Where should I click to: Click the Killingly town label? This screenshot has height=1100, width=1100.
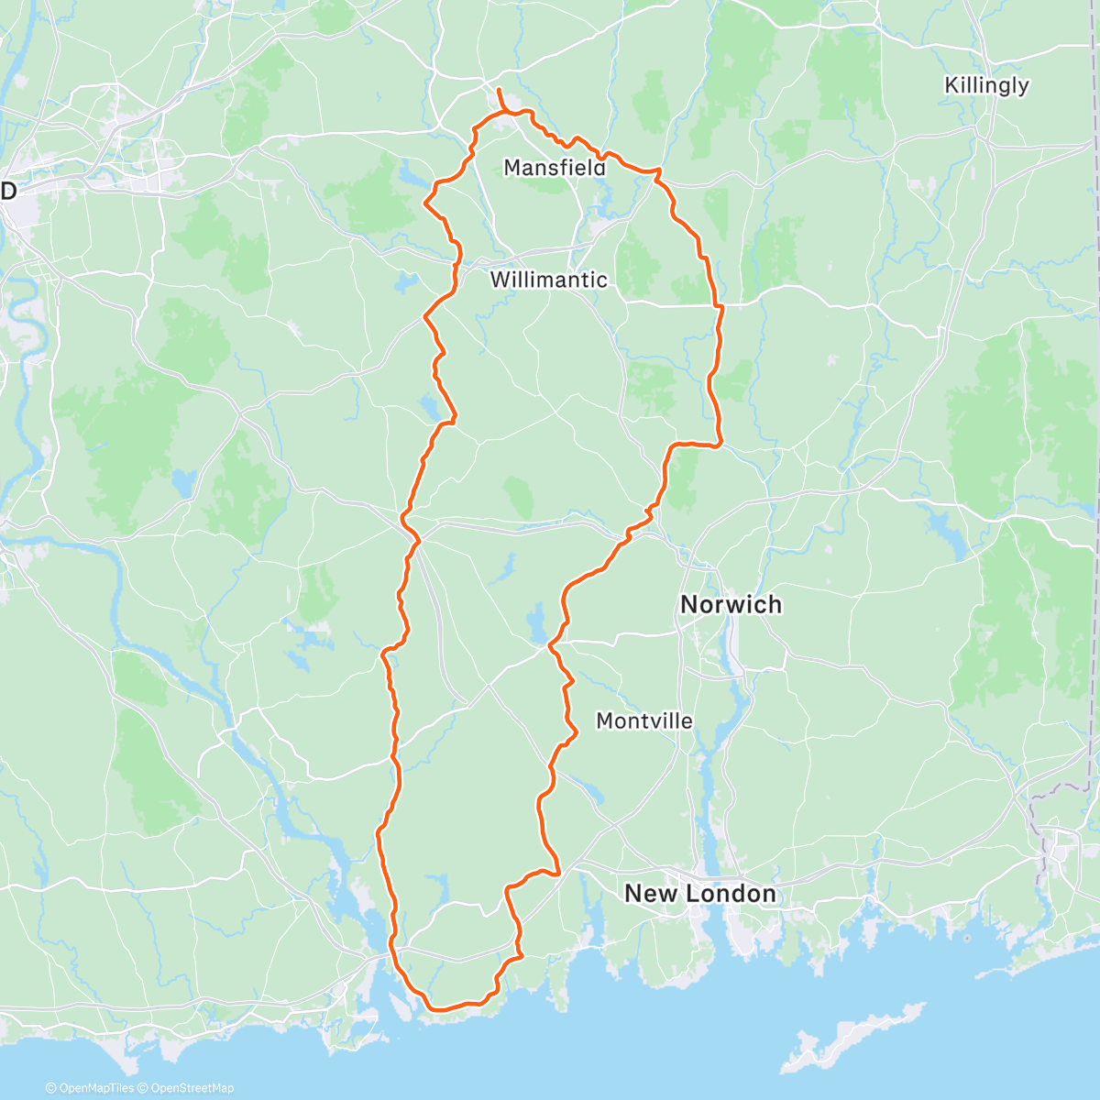(986, 85)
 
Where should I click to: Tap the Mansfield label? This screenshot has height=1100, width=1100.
(555, 168)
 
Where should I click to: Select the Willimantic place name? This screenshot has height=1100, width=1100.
(548, 280)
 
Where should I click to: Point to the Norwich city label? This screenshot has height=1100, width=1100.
(731, 604)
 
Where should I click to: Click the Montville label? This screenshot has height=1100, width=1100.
(644, 721)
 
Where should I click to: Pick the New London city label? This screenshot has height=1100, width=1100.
(699, 893)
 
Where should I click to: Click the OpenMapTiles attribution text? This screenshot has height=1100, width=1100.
(90, 1088)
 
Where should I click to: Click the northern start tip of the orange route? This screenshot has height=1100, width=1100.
(498, 89)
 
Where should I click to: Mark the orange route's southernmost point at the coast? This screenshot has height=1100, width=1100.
(438, 1008)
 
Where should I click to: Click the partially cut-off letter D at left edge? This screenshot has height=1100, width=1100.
(8, 191)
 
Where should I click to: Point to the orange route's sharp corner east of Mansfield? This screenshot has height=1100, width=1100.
(657, 171)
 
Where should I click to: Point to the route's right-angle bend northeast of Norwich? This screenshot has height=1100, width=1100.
(719, 444)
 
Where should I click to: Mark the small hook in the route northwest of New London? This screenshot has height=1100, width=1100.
(555, 871)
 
